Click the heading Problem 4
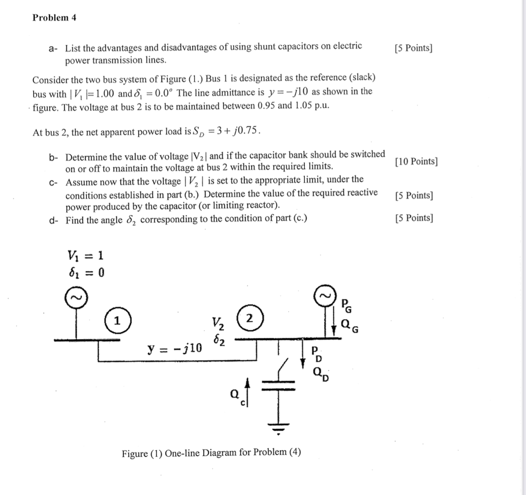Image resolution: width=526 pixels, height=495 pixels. coord(54,18)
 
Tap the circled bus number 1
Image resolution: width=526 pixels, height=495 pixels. coord(117,321)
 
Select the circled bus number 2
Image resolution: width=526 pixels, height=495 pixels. coord(249,318)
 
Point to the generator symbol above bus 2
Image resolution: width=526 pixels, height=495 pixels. coord(325,295)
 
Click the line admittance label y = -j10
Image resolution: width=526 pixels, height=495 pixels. coord(175,348)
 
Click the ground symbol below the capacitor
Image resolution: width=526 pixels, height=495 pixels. coord(279,428)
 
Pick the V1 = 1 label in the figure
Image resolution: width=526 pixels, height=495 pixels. coord(85,255)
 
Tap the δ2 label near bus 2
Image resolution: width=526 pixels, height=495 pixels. coord(218,340)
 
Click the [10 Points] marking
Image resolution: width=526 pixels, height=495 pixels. coord(416,161)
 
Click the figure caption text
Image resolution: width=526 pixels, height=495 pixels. coord(211,453)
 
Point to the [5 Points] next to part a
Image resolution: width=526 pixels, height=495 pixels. coord(413,48)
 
